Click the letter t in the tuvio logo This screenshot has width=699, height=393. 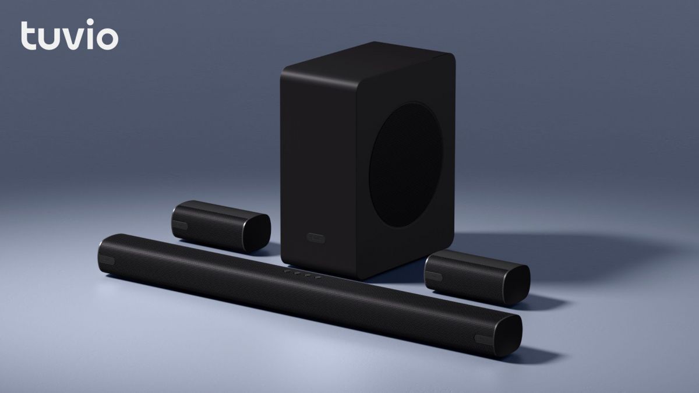[27, 36]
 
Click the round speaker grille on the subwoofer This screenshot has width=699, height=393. [405, 165]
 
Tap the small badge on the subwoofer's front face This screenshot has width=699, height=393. [316, 238]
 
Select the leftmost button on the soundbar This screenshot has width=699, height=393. [288, 271]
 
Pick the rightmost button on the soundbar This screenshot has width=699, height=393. [317, 277]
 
